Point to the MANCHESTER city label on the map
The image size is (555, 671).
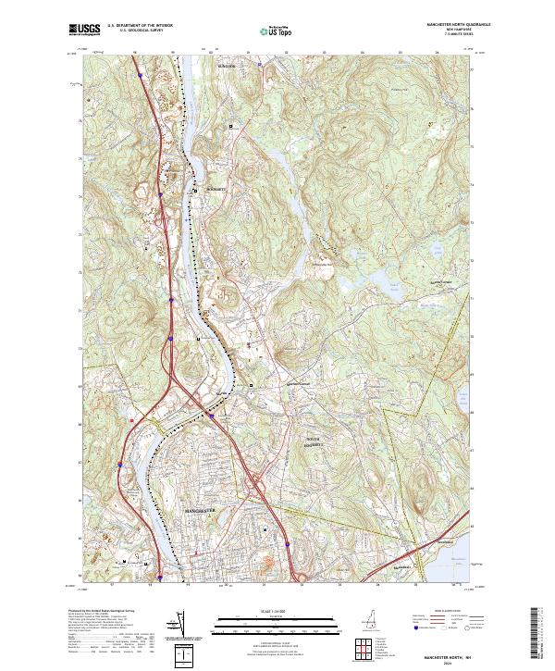201,510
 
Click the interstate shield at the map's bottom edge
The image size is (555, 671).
160,579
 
